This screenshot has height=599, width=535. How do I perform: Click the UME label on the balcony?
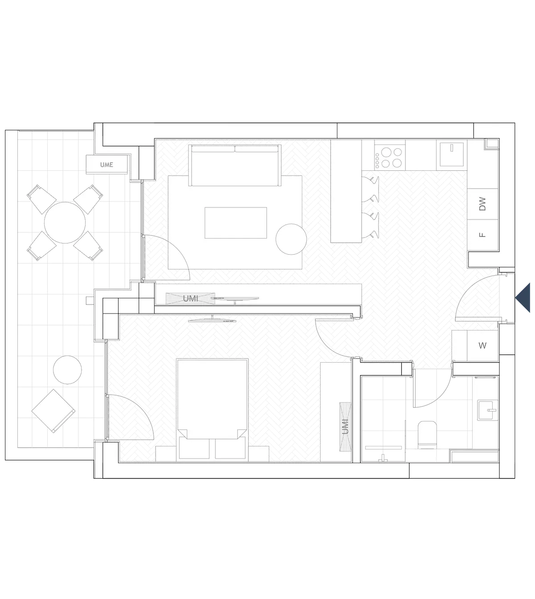pyautogui.click(x=107, y=165)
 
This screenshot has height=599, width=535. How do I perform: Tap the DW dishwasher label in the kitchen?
pyautogui.click(x=482, y=204)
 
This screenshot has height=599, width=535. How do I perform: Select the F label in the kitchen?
pyautogui.click(x=482, y=235)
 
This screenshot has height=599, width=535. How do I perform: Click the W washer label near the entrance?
pyautogui.click(x=482, y=345)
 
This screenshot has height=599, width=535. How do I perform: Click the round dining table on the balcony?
pyautogui.click(x=65, y=223)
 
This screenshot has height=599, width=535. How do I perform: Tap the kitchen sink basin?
pyautogui.click(x=452, y=154)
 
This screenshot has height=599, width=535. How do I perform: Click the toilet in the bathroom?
pyautogui.click(x=427, y=434)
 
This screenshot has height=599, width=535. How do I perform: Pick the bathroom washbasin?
pyautogui.click(x=488, y=410)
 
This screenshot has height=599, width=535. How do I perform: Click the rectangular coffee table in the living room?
pyautogui.click(x=236, y=223)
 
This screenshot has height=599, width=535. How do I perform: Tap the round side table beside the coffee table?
pyautogui.click(x=291, y=239)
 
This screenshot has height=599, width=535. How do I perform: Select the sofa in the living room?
pyautogui.click(x=235, y=165)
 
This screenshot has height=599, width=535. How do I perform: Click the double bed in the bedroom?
pyautogui.click(x=212, y=410)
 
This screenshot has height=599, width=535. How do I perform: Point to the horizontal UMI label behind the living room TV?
pyautogui.click(x=190, y=299)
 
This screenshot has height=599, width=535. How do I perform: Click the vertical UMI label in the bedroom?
pyautogui.click(x=345, y=427)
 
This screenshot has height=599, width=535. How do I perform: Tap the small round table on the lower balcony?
pyautogui.click(x=67, y=370)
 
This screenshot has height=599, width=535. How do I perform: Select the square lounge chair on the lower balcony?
pyautogui.click(x=53, y=411)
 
